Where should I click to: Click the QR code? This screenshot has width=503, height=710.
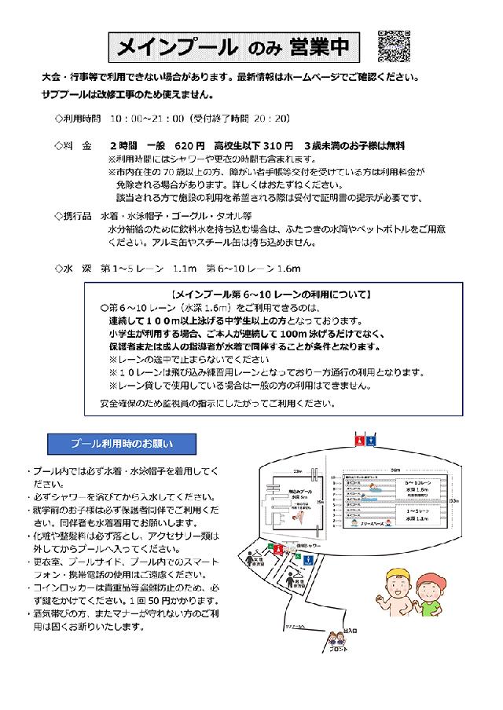pyautogui.click(x=395, y=46)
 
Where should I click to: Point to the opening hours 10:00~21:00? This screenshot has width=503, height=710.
pyautogui.click(x=147, y=119)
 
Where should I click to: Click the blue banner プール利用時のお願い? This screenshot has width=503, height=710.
pyautogui.click(x=122, y=444)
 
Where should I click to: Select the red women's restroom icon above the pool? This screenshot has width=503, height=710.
pyautogui.click(x=358, y=441)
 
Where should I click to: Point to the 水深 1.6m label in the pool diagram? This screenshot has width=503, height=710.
pyautogui.click(x=417, y=489)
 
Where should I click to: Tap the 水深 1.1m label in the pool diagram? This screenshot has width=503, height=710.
pyautogui.click(x=417, y=518)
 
